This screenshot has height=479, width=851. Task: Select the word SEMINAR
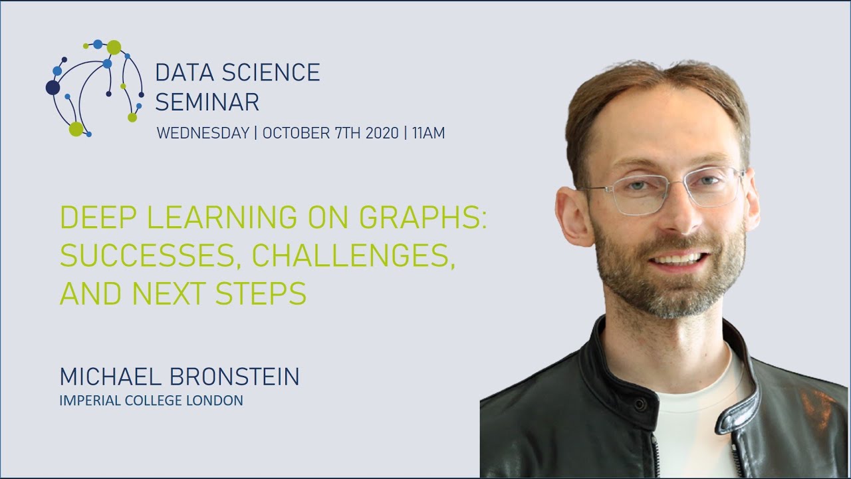click(207, 102)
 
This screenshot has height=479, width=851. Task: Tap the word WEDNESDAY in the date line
click(202, 133)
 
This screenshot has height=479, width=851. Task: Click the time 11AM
click(428, 133)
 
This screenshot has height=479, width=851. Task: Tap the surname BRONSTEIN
click(235, 377)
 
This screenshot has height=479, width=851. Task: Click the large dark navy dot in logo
click(53, 87)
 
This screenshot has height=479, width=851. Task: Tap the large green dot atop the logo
click(114, 47)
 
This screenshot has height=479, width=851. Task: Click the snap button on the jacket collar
click(639, 404)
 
